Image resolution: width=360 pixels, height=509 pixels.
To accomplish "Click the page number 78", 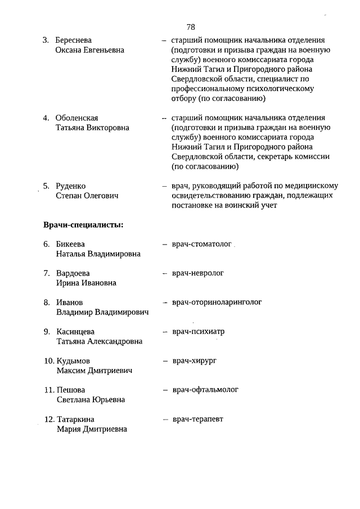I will pyautogui.click(x=191, y=27).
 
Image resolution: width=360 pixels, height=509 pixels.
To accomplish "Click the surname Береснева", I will pyautogui.click(x=74, y=40).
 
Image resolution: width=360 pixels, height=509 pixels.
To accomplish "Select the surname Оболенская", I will pyautogui.click(x=77, y=118).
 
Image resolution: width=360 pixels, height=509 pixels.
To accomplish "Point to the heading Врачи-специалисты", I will pyautogui.click(x=83, y=225).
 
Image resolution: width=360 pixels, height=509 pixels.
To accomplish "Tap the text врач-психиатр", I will pyautogui.click(x=199, y=331).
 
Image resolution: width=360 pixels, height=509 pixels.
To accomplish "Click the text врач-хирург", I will pyautogui.click(x=195, y=360).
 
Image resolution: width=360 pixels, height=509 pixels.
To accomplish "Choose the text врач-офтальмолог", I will pyautogui.click(x=206, y=389).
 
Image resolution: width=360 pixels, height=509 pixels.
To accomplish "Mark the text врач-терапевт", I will pyautogui.click(x=198, y=419).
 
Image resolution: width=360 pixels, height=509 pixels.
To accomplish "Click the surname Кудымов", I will pyautogui.click(x=74, y=361).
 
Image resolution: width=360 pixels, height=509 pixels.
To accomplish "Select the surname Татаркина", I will pyautogui.click(x=75, y=419).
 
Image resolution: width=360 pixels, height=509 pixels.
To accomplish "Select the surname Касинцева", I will pyautogui.click(x=76, y=331).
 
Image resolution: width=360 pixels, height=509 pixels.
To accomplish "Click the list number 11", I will pyautogui.click(x=48, y=390).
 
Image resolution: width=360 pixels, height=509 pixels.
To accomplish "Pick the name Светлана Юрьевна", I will pyautogui.click(x=91, y=399).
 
